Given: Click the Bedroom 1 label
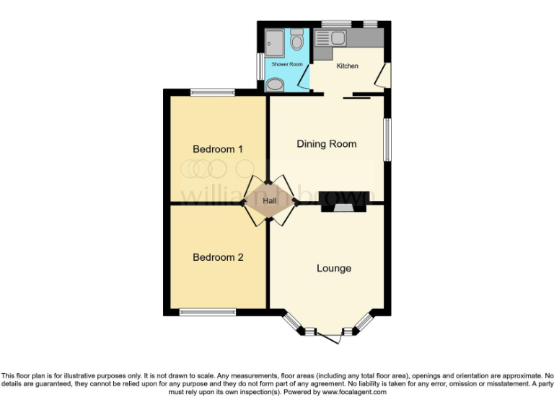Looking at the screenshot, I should coord(218,149).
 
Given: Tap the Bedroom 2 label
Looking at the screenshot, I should coord(218,257).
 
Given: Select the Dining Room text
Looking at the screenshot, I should coord(327,144).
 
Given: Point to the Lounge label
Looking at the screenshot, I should coord(334,268).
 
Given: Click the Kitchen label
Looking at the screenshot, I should coord(348,66).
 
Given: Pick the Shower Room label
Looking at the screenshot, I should coord(287,64).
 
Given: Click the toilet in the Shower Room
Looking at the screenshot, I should coord(297,43).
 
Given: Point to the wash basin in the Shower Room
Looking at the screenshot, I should coord(275,86).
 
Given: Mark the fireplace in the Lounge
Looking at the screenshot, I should coord(344,207).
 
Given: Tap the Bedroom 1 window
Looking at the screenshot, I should coord(213,92).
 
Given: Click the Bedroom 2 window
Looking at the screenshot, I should coord(208,312).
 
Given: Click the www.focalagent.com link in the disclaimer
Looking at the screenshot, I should coord(354,393).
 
